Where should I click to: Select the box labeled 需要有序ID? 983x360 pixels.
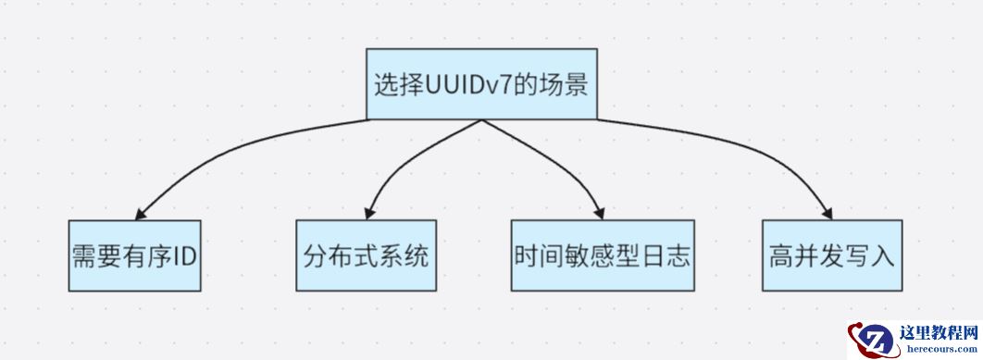[135, 255]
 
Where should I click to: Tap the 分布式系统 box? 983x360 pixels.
[366, 255]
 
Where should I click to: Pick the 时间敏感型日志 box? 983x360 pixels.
[602, 255]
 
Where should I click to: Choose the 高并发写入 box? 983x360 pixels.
[832, 255]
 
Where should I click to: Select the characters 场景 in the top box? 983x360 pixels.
[565, 84]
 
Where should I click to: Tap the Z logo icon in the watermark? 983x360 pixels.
[873, 340]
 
